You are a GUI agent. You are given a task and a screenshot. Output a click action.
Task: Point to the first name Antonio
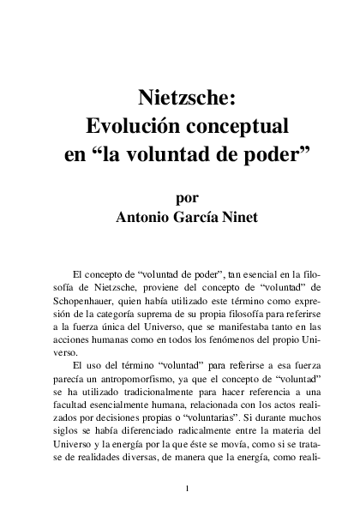[147, 217]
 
